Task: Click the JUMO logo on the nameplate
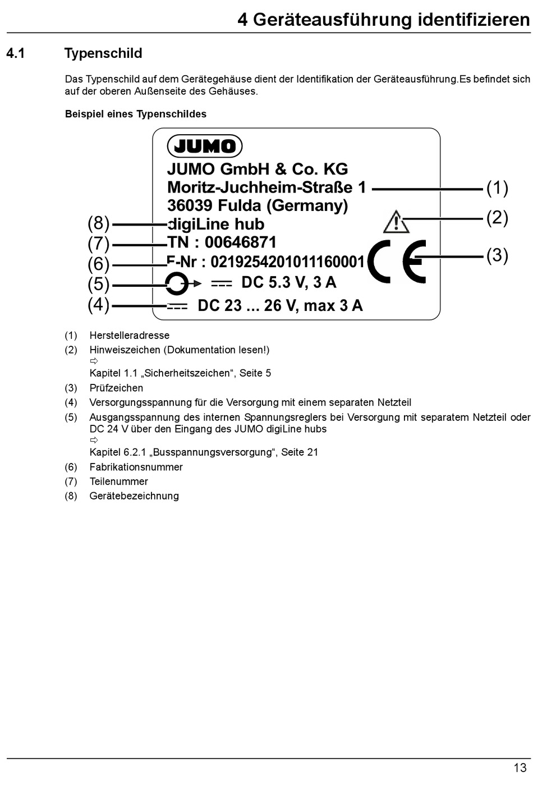coord(205,146)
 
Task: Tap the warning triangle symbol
coord(396,222)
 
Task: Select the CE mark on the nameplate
coord(397,262)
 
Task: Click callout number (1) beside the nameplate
coord(497,187)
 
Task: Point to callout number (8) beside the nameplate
coord(99,223)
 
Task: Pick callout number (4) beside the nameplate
coord(99,305)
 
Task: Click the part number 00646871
coord(241,242)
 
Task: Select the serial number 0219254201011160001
coord(287,262)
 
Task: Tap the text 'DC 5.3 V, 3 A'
coord(288,282)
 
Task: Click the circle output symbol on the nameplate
coord(177,283)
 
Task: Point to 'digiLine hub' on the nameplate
coord(216,224)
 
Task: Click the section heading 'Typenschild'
coord(103,53)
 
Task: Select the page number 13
coord(520,768)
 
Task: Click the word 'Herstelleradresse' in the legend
coord(129,336)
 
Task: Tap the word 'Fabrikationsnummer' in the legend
coord(136,467)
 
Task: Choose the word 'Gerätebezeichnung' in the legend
coord(134,496)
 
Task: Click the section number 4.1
coord(16,53)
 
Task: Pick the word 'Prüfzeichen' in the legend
coord(116,388)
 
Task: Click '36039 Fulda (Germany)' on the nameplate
coord(258,205)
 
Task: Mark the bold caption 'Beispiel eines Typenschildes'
coord(136,114)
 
